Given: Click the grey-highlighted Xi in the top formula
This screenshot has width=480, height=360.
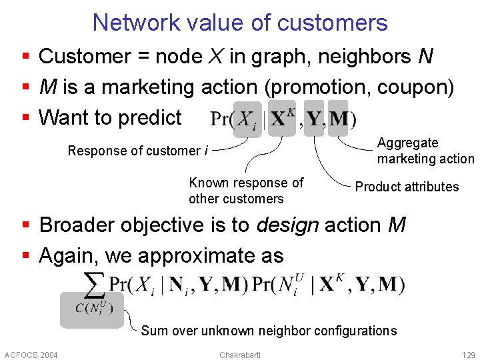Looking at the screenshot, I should (x=247, y=119).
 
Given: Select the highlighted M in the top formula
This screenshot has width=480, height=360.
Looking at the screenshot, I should (x=339, y=118).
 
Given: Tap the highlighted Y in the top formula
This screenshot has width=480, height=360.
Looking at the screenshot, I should (x=313, y=118).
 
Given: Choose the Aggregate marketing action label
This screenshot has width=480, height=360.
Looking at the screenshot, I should (x=425, y=151).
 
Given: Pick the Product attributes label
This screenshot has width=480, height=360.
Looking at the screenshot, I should (x=407, y=187).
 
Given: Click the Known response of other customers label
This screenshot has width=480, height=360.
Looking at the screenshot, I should (x=246, y=191).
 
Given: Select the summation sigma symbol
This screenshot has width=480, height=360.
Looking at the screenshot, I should (x=94, y=285).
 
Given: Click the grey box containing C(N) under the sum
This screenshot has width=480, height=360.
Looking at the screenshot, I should (x=92, y=309).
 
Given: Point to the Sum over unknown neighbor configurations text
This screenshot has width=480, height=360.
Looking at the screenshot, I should (x=269, y=331).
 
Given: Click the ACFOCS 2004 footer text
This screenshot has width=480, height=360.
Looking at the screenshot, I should (x=31, y=354).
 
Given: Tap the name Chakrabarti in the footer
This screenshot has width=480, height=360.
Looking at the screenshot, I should (x=240, y=354).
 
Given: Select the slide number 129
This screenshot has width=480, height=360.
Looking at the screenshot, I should (x=468, y=354).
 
